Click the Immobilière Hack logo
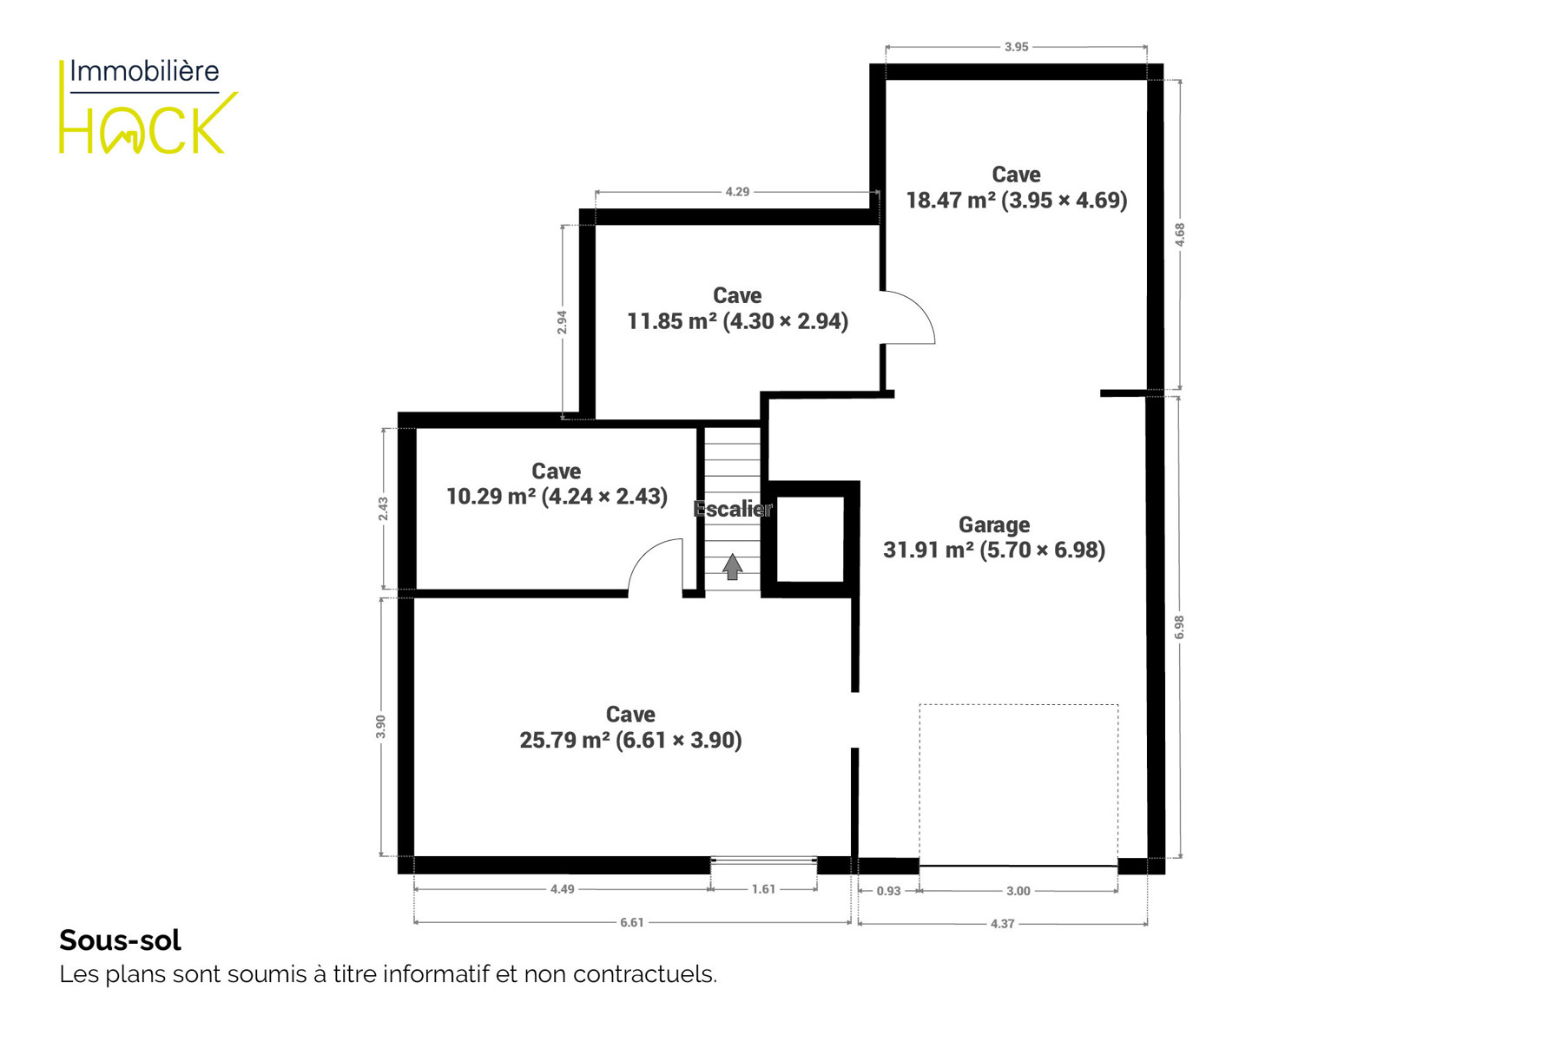(148, 106)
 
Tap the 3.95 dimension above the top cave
(1016, 47)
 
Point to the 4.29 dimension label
(737, 191)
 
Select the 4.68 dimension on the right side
(1179, 234)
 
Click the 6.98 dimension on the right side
(1179, 627)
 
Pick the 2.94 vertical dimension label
(562, 322)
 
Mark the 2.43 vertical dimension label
(383, 509)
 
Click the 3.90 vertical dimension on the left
(380, 727)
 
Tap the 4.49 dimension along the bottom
(562, 889)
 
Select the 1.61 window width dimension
(763, 889)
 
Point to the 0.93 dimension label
(888, 891)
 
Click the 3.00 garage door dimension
(1018, 891)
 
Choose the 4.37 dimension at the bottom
(1002, 924)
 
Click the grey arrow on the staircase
(732, 567)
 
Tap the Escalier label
(733, 509)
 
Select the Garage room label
(994, 524)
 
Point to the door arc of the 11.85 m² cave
(919, 305)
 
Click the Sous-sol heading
(120, 940)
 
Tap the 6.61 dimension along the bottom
(632, 922)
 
